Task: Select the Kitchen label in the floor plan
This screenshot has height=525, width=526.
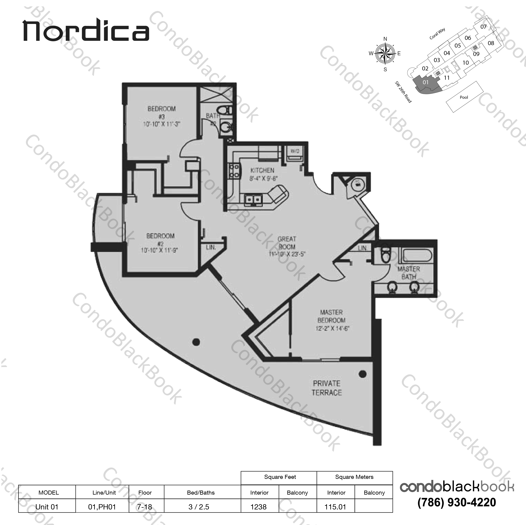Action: click(x=262, y=174)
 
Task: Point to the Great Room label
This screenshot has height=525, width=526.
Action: click(x=287, y=246)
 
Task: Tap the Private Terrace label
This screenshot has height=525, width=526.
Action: click(x=327, y=388)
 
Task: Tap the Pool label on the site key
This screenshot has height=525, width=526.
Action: click(x=464, y=97)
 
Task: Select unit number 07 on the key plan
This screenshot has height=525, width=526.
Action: click(x=483, y=27)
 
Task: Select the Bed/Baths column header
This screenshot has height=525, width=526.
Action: click(x=201, y=493)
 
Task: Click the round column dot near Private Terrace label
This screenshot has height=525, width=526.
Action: click(x=362, y=374)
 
